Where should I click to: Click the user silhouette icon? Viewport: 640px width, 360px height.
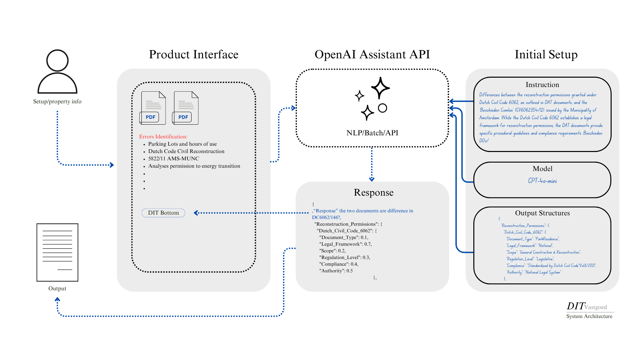point(57,72)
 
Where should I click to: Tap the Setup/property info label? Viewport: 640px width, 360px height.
point(57,102)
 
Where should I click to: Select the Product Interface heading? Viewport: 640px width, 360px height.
point(193,54)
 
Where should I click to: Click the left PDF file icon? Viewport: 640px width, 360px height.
point(153,108)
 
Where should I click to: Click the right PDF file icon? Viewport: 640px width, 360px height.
point(185,108)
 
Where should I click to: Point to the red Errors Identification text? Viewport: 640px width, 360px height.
point(163,137)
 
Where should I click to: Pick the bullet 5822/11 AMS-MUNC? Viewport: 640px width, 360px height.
point(173,159)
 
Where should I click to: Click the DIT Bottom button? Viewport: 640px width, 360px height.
point(163,213)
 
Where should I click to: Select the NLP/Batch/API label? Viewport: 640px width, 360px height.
point(372,133)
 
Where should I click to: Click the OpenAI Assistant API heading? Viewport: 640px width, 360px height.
point(372,54)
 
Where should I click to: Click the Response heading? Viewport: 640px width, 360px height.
point(374,193)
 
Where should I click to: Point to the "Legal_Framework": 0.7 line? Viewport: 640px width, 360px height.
point(345,244)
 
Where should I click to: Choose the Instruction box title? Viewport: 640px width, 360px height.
point(542,85)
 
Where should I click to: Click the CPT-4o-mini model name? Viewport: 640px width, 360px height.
point(542,181)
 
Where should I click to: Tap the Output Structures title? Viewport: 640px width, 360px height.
point(542,213)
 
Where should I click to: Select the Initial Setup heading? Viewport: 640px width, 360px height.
point(546,54)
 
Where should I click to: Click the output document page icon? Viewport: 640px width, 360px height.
point(57,252)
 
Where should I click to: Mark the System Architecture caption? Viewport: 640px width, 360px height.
point(589,316)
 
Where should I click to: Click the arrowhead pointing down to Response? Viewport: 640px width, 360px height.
point(372,179)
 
